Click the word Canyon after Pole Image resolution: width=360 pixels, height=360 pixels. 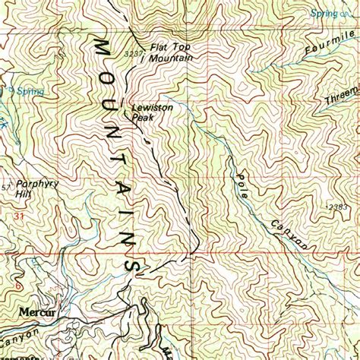click(289, 233)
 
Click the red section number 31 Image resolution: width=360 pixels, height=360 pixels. click(17, 218)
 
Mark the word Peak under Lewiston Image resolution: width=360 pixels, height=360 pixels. click(143, 118)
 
